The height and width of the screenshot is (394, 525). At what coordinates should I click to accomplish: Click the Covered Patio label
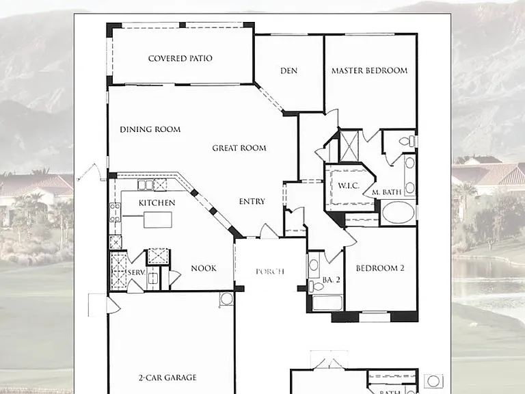point(180,58)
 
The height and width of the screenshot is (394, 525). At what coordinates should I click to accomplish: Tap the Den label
point(288,70)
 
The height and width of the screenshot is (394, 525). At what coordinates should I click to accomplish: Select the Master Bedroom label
point(369,70)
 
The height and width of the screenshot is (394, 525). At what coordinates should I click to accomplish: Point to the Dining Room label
point(150,129)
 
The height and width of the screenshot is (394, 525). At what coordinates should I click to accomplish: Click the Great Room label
point(239,148)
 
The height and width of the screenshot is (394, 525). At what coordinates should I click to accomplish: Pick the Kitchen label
point(157,202)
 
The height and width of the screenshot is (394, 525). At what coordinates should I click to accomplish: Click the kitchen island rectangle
point(158,220)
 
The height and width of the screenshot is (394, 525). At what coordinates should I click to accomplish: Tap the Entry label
point(252,201)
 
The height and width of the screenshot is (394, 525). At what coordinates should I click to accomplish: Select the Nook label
point(204,268)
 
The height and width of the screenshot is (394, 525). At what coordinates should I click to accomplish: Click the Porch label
point(270,272)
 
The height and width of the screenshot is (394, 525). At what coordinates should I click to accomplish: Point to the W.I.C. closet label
point(348,185)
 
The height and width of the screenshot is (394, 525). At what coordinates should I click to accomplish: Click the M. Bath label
point(386,192)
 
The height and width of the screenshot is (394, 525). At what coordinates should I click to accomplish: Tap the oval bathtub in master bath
point(398,213)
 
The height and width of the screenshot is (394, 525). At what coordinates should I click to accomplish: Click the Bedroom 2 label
point(380,268)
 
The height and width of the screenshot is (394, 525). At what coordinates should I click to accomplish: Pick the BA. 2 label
point(331,280)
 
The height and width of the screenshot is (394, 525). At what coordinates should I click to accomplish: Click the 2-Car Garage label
point(167,378)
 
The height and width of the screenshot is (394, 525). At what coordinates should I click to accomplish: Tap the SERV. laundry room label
point(136,272)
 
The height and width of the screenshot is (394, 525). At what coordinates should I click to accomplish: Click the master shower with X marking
point(349,146)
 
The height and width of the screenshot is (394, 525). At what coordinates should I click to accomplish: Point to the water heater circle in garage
point(226,298)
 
